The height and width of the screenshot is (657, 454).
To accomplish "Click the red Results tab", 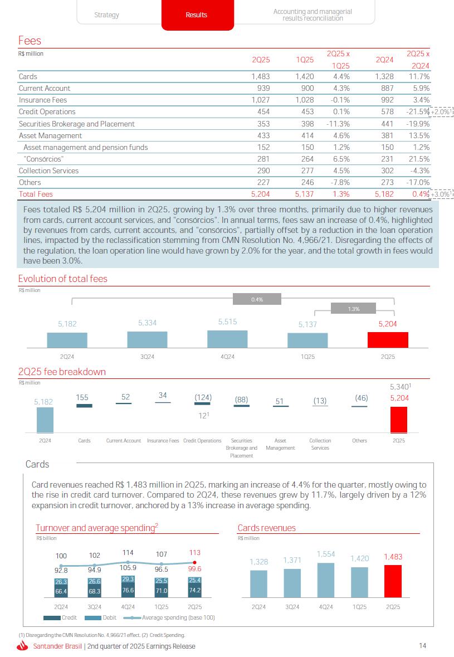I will click(x=196, y=15).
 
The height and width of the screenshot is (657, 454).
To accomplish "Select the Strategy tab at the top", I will click(x=106, y=15).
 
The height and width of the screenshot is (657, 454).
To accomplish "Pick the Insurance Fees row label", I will click(x=43, y=100).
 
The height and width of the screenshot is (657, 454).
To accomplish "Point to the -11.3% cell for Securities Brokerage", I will click(x=338, y=124).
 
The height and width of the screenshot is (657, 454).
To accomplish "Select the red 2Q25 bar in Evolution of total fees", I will click(x=388, y=340).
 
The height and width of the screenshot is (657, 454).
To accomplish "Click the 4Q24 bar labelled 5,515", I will click(x=227, y=339).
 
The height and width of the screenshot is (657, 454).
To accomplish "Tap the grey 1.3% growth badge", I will click(x=354, y=308).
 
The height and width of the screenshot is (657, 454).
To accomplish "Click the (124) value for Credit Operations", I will click(x=203, y=397).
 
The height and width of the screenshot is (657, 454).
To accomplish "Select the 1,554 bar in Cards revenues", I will click(x=326, y=580).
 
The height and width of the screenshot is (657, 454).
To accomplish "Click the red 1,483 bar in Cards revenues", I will click(x=393, y=581).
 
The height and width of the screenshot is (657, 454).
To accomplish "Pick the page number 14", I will click(x=422, y=646).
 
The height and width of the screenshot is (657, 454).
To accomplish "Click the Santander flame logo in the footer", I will click(x=23, y=646).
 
